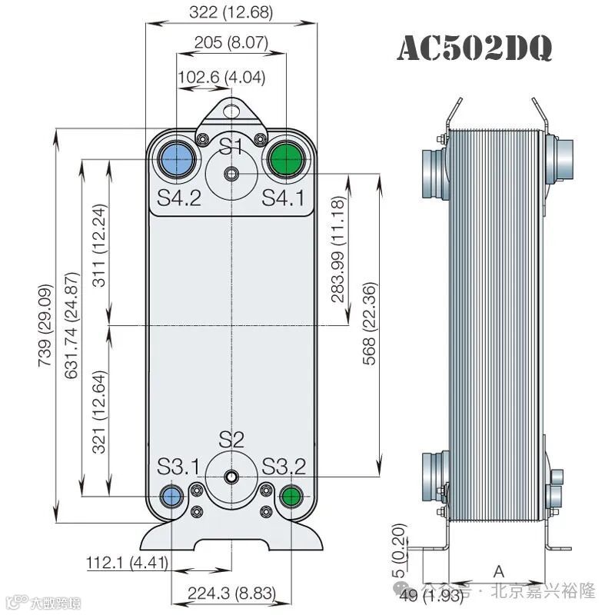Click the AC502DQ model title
pos(474,48)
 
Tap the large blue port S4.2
pos(178,159)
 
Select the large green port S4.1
pos(287,159)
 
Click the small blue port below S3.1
pos(171,496)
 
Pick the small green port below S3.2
pos(291,496)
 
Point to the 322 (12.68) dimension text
pos(231,12)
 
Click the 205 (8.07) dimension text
pos(231,42)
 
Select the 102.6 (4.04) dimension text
pos(221,77)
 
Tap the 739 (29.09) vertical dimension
pos(45,325)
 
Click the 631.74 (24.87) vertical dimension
pos(71,325)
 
